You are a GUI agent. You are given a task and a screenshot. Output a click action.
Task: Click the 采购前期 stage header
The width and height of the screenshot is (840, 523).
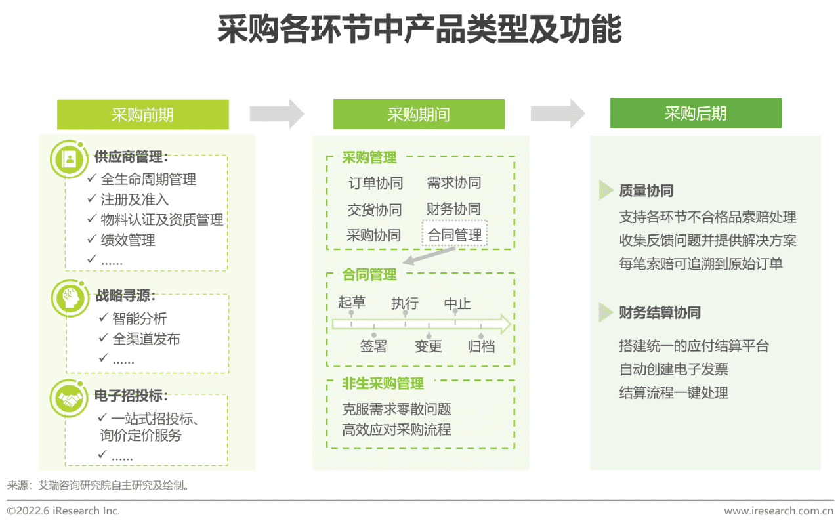coord(142,114)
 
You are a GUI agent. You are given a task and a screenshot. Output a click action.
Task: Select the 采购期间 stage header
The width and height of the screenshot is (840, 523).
coord(419,114)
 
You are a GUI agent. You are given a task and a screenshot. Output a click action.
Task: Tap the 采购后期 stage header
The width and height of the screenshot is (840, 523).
coord(696,113)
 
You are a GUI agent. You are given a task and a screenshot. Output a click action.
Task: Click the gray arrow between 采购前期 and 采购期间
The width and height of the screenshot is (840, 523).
coord(277,114)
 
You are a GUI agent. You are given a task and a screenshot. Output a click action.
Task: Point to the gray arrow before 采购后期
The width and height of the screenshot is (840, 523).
coord(558,113)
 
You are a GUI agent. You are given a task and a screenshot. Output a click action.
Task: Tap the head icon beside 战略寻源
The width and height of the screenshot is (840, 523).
coord(68,299)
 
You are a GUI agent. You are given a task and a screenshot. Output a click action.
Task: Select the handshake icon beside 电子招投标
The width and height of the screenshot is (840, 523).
coord(68,398)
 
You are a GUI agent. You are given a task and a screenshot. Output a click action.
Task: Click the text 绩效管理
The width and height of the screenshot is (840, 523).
coord(128,240)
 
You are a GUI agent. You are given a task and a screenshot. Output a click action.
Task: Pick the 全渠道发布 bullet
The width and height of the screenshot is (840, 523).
coord(146,339)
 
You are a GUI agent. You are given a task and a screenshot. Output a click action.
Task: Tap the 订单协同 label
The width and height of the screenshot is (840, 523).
coord(375,183)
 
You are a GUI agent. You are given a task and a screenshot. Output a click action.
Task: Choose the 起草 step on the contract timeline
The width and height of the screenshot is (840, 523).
coord(352,303)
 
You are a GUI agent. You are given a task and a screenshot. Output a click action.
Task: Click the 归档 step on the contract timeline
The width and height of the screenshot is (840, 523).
coord(481,346)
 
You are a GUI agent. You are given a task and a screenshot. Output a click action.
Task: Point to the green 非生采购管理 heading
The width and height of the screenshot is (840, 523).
coord(383,383)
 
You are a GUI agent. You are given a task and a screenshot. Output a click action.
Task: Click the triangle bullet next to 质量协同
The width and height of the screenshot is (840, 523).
coord(606,190)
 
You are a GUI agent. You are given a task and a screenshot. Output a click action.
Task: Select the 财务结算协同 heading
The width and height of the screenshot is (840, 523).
coord(660,312)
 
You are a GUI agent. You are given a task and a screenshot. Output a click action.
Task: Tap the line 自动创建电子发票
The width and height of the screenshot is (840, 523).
coord(673,369)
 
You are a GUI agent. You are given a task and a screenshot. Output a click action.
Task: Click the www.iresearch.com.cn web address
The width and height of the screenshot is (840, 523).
coord(778,511)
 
